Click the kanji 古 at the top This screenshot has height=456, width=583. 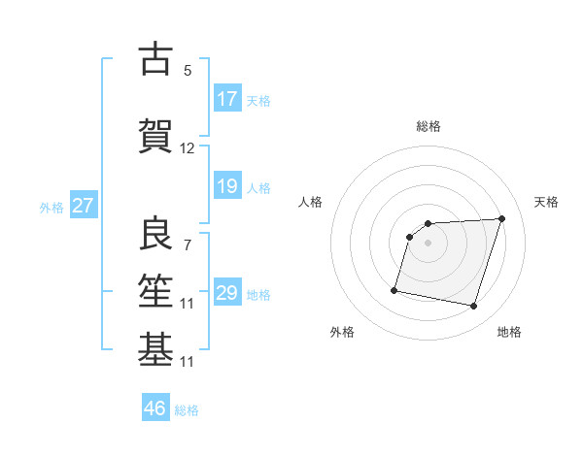[x=155, y=59]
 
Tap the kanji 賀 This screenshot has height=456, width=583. [x=155, y=135]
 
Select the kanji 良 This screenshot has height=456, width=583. [x=155, y=232]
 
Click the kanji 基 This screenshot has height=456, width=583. [x=155, y=348]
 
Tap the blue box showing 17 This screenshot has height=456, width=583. [x=227, y=99]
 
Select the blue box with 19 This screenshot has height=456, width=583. [x=227, y=186]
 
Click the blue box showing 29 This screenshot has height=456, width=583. [x=227, y=293]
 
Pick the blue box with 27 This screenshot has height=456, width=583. [x=83, y=206]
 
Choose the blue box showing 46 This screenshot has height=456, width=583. [x=155, y=408]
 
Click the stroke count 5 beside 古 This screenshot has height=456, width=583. [x=188, y=71]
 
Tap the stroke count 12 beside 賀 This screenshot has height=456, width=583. [x=188, y=148]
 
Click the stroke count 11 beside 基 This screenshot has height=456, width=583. [x=188, y=362]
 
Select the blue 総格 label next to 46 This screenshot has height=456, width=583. [x=187, y=409]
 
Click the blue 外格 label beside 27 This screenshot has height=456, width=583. [x=51, y=207]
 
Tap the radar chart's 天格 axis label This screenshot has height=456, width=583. [x=546, y=202]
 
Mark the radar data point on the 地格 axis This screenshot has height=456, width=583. [x=473, y=307]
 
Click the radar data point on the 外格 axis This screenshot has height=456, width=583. [x=394, y=289]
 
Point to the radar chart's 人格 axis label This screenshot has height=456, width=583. [x=310, y=202]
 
